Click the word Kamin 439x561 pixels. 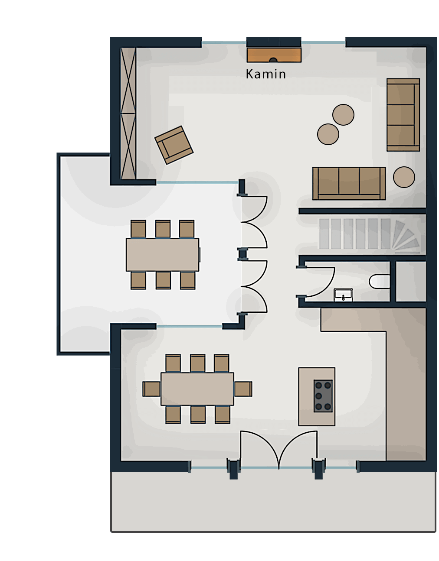pos(265,74)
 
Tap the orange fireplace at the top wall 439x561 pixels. pos(274,55)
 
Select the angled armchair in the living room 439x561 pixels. pos(174,145)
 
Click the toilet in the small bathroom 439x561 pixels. pos(379,282)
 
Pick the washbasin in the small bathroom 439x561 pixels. pos(343,295)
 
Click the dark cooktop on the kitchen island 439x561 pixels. pos(323,396)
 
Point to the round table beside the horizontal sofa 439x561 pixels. pos(404,177)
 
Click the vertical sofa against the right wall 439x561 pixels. pos(403,115)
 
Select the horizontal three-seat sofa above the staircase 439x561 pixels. pos(349,183)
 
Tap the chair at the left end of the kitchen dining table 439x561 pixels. pos(151,389)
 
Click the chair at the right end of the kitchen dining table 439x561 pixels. pos(243,389)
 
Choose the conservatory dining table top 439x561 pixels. pos(162,255)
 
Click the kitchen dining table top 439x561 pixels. pos(197,389)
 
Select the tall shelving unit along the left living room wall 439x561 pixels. pos(128,113)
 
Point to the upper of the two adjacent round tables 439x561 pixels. pos(343,115)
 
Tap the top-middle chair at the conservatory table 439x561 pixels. pos(163,229)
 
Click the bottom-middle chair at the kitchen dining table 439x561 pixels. pos(198,415)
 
